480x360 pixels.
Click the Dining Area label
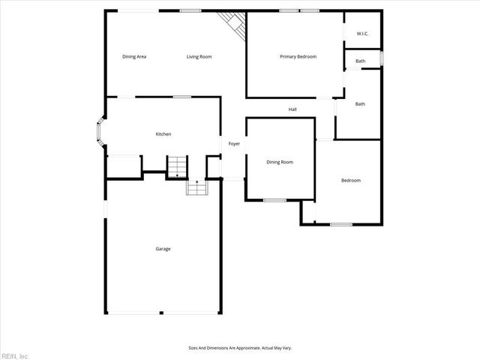coord(134,57)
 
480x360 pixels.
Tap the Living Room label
coord(199,57)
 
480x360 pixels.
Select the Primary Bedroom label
coord(298,57)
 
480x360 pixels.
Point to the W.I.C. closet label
coord(362,33)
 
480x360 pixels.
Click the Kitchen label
coord(163,134)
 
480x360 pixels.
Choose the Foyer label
coord(234,143)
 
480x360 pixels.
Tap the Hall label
coord(293,109)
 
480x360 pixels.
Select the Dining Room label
coord(280,162)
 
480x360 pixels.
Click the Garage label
coord(163,249)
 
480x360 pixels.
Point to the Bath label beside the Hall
coord(360,104)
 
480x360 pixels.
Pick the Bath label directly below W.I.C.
coord(361,61)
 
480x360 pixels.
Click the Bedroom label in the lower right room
coord(351,180)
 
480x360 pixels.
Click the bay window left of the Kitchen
coord(97,133)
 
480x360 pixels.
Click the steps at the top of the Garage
coord(196,187)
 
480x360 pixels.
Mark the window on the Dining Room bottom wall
coord(274,199)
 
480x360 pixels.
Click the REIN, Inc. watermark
coord(15,355)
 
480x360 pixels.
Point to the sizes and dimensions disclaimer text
coord(239,347)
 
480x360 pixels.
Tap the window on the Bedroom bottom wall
coord(341,224)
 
